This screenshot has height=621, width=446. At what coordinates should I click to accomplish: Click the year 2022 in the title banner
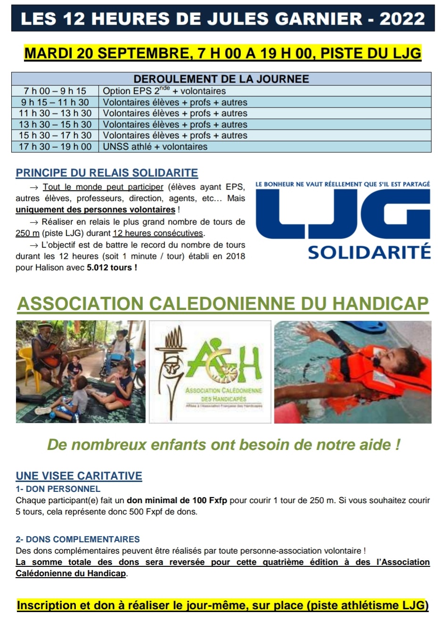click(x=402, y=18)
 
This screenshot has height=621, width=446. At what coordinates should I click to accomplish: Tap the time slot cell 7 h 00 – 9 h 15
click(x=55, y=91)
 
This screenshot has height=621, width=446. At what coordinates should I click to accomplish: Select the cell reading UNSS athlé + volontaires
click(x=155, y=147)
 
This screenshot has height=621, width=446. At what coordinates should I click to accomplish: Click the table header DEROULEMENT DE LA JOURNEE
click(x=221, y=79)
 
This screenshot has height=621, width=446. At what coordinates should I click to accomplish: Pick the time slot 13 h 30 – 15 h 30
click(x=55, y=124)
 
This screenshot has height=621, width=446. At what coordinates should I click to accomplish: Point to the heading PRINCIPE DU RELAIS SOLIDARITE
click(x=107, y=173)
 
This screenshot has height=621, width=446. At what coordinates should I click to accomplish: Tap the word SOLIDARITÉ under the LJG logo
click(x=369, y=252)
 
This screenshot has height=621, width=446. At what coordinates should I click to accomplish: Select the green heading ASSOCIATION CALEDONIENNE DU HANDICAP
click(x=223, y=304)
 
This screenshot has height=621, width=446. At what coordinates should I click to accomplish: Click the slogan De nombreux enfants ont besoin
click(x=223, y=444)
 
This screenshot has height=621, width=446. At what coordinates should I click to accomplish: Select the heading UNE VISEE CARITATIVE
click(x=79, y=476)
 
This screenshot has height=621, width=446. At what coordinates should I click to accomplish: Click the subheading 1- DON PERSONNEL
click(x=58, y=489)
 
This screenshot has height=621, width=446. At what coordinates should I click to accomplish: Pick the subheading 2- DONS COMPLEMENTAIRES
click(x=78, y=539)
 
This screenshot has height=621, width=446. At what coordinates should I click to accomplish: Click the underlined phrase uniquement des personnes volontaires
click(x=95, y=210)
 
